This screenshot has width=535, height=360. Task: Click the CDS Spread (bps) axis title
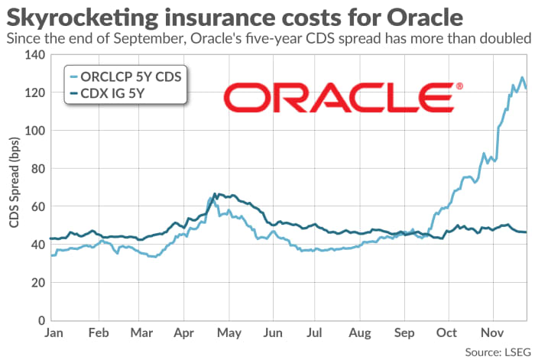pos(14,186)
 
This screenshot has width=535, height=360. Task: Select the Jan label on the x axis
pos(53,334)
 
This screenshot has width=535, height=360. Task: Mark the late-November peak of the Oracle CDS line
pos(522,78)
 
